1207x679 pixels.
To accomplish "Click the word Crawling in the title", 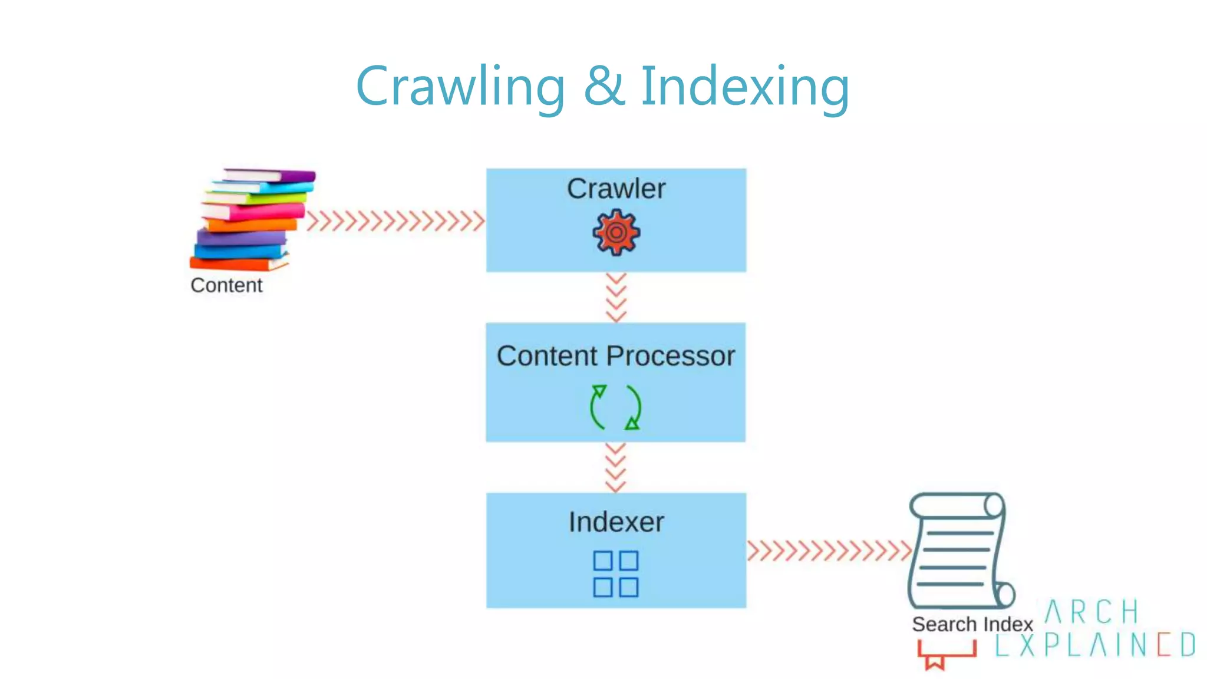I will (x=460, y=87).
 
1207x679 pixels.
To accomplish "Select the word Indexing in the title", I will (x=745, y=87).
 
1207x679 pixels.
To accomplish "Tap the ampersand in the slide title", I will (x=603, y=87).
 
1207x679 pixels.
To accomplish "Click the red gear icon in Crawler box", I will (x=616, y=233).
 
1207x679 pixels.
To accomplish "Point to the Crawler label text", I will (x=616, y=189).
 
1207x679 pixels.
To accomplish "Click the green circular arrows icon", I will (x=615, y=407).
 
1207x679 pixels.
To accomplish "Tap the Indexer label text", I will (x=616, y=522).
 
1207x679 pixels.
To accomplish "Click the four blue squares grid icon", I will (x=615, y=574).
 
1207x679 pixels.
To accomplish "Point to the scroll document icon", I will (x=959, y=552).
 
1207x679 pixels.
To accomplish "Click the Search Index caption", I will (x=972, y=624).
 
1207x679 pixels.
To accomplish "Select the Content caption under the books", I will (x=226, y=285).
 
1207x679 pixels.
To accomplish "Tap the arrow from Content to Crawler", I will (x=395, y=222).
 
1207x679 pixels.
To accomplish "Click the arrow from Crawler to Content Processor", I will (x=616, y=297).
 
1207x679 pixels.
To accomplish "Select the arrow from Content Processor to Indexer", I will (x=615, y=467).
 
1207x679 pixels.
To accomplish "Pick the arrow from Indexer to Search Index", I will (x=829, y=551).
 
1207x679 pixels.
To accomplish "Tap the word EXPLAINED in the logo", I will (x=1095, y=645).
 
